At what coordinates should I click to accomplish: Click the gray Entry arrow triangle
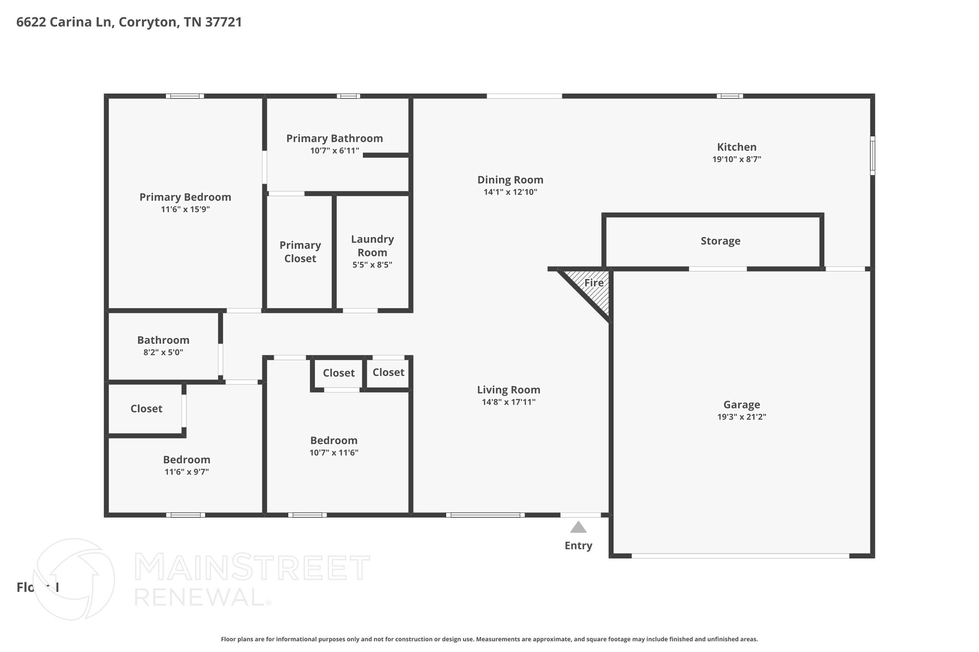point(578,528)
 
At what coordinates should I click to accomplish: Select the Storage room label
point(720,241)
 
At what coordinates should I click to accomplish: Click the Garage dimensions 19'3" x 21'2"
point(741,417)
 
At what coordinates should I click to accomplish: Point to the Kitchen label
point(737,147)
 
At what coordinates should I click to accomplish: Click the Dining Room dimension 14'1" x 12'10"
point(510,192)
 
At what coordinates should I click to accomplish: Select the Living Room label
point(509,390)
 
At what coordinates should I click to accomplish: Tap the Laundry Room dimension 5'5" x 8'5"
point(372,265)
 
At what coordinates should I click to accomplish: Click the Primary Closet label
point(300,252)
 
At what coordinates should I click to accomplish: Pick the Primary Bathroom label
point(335,139)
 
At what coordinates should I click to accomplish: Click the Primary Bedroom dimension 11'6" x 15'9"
point(185,210)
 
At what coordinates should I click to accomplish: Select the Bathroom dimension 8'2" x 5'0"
point(163,353)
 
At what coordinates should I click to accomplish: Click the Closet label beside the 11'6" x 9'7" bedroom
point(146,409)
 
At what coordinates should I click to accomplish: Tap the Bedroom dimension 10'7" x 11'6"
point(334,453)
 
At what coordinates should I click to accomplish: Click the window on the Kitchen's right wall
point(872,156)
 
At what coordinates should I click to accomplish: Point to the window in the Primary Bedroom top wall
point(185,96)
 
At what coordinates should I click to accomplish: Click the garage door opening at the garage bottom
point(740,556)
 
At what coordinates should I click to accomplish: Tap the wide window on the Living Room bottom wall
point(485,515)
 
